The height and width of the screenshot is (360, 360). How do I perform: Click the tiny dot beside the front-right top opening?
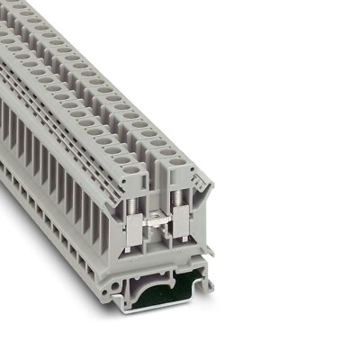[x=191, y=166]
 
